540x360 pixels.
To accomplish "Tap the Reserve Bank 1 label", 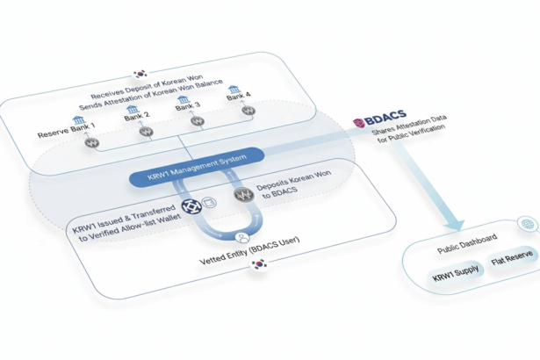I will click(x=66, y=134).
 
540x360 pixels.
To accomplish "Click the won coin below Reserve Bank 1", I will click(x=88, y=143).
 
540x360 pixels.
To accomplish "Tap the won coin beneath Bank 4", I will click(x=249, y=112).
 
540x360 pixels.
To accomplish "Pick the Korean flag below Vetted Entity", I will click(x=259, y=264).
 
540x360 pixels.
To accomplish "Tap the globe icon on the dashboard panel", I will click(x=529, y=224).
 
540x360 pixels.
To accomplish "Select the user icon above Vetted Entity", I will click(x=243, y=237).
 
